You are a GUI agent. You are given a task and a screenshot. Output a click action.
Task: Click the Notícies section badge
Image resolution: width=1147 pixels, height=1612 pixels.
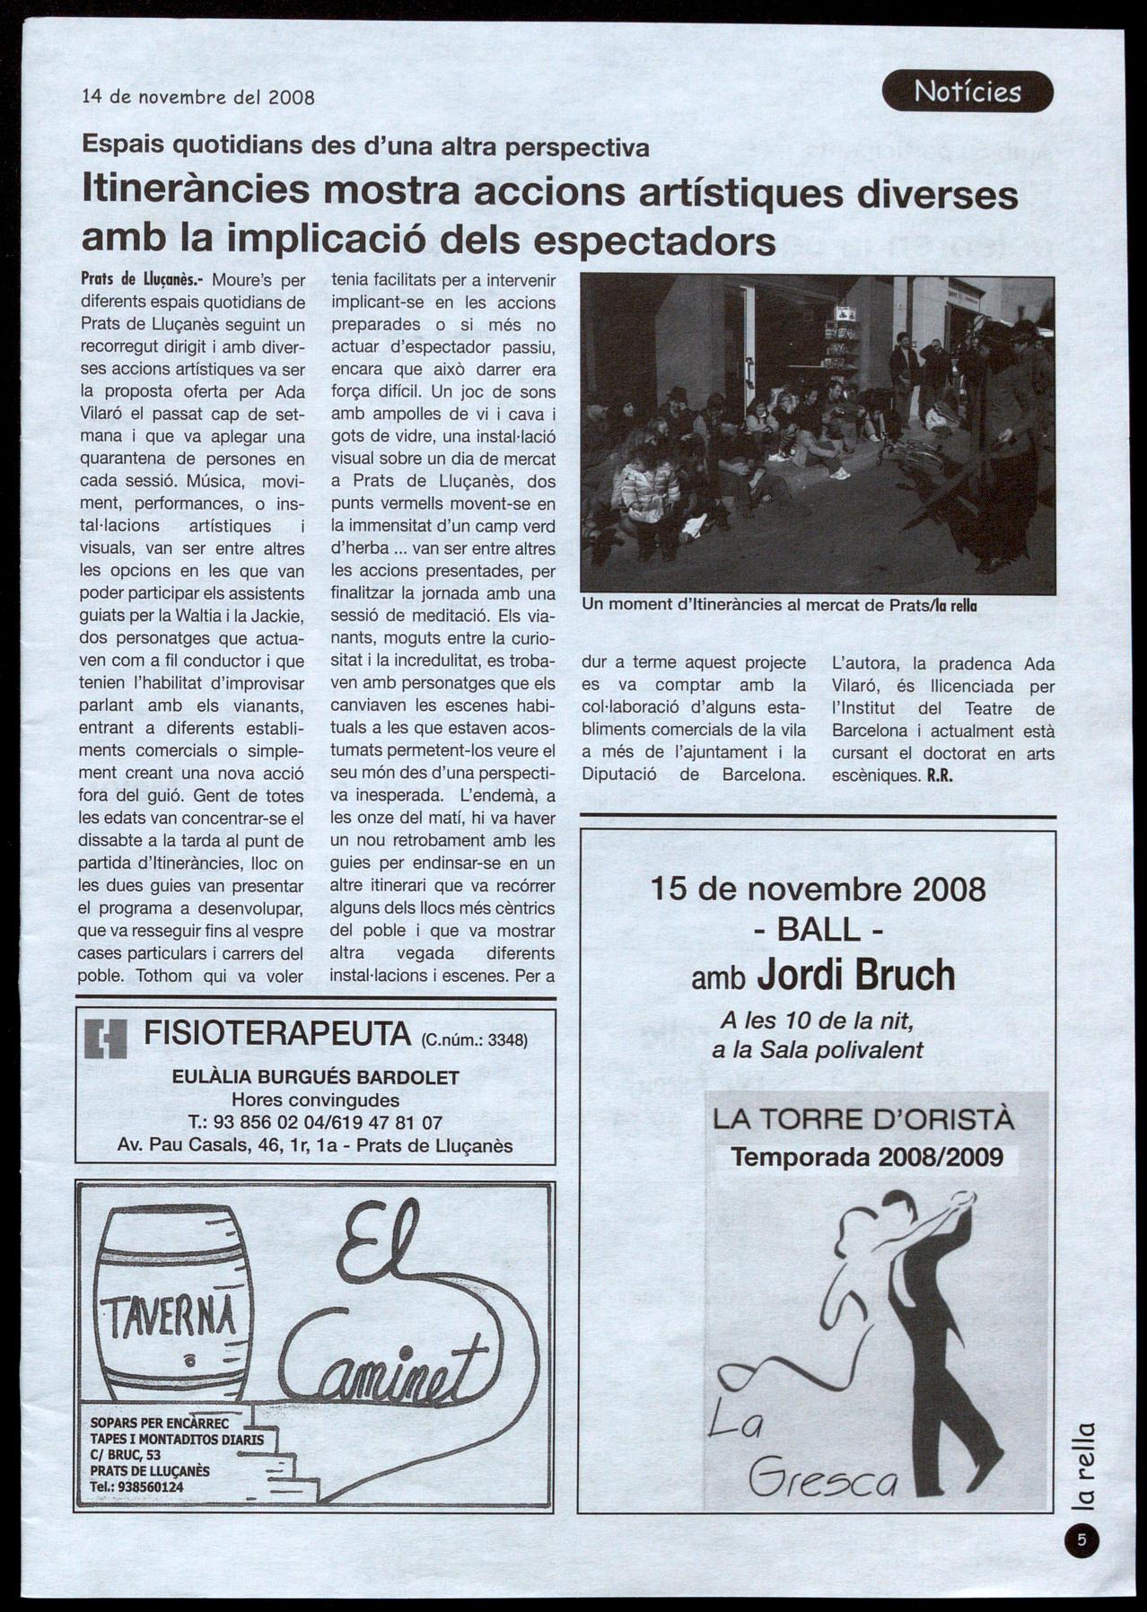[967, 92]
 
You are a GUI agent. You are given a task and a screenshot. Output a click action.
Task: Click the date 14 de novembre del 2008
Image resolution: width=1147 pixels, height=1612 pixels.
[197, 97]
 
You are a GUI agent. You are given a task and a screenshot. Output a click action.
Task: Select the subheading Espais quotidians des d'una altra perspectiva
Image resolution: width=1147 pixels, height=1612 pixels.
[365, 145]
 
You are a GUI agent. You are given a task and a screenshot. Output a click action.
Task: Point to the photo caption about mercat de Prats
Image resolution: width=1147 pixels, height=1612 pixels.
[779, 605]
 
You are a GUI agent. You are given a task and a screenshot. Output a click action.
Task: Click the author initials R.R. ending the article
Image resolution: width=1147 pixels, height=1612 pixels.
[939, 776]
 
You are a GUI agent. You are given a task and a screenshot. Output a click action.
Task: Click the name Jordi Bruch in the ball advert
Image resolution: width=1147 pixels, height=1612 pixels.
[855, 976]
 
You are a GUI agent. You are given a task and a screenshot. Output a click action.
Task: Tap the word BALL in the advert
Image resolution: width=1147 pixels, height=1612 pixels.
[818, 930]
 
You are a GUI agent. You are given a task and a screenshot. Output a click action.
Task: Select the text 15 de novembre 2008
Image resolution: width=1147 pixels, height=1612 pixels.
[818, 889]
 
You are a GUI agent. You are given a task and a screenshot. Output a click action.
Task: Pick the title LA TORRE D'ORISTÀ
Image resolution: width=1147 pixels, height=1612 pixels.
[863, 1119]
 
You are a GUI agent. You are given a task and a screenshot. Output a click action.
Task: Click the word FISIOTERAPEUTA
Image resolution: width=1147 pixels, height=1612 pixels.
[276, 1034]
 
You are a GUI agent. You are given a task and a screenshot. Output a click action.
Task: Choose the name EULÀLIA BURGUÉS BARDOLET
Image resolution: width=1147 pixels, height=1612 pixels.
[315, 1077]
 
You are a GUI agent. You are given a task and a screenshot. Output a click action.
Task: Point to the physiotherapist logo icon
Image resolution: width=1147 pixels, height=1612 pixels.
[106, 1039]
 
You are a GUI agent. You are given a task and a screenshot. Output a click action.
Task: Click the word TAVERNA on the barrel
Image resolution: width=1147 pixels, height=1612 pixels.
[171, 1316]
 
